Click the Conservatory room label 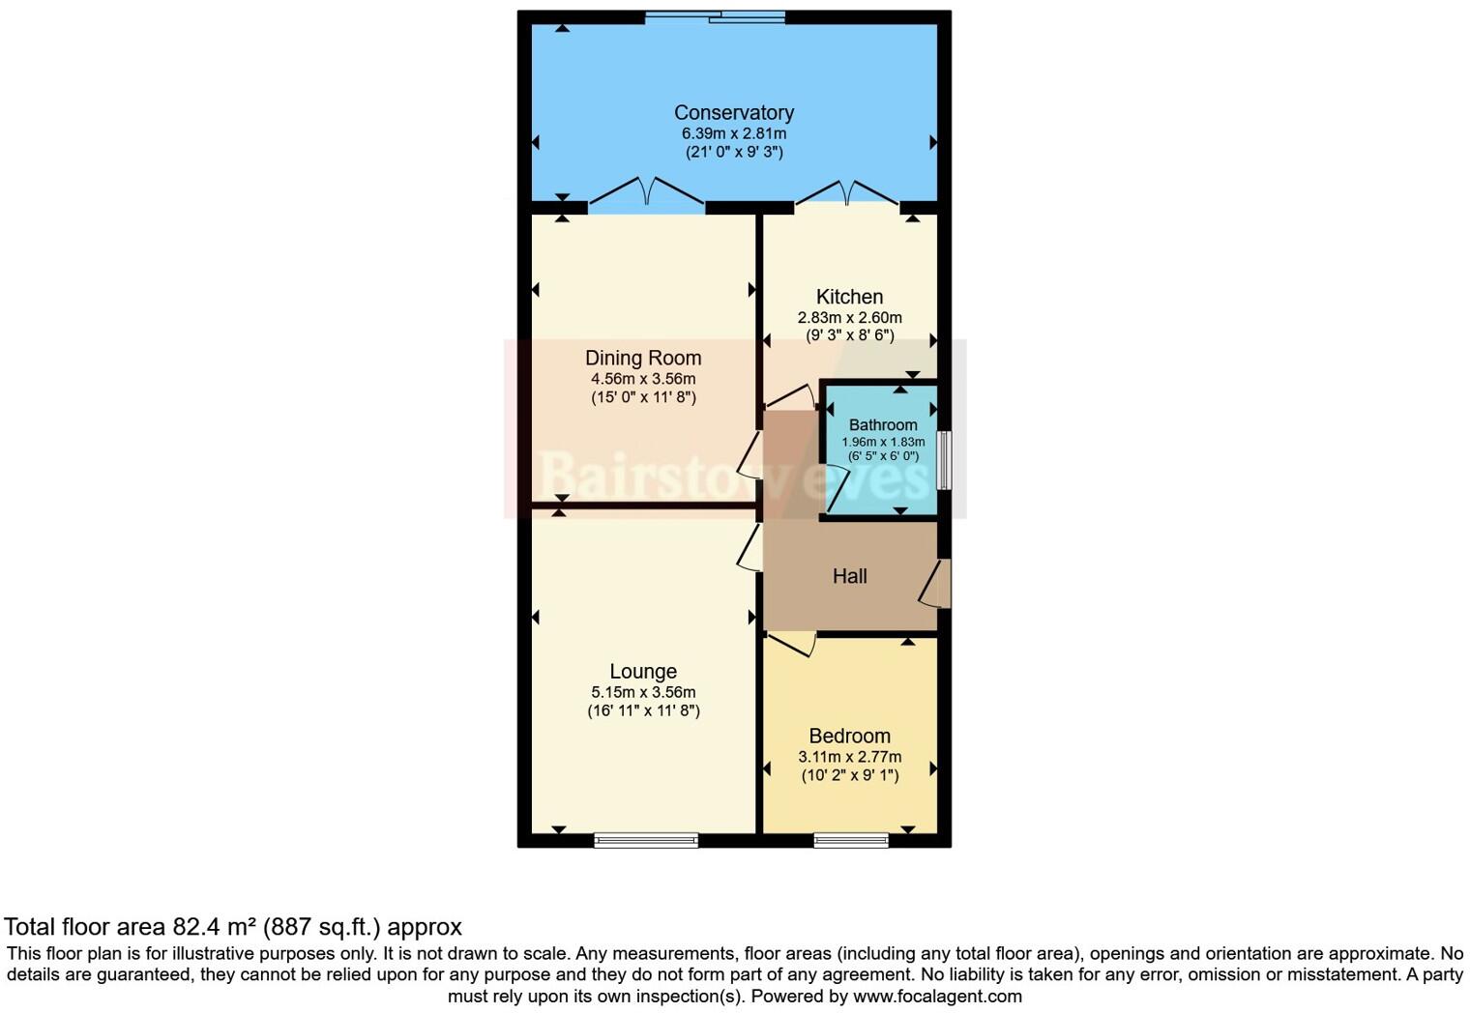click(x=734, y=113)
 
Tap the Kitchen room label click(x=849, y=297)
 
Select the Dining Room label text click(x=643, y=358)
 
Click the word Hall click(x=849, y=576)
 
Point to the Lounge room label click(x=643, y=672)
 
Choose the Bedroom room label click(x=849, y=737)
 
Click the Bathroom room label click(x=883, y=425)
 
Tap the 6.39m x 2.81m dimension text click(x=734, y=133)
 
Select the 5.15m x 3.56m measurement click(x=643, y=692)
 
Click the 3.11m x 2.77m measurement click(x=849, y=757)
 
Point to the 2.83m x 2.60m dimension click(x=849, y=317)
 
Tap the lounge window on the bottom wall click(x=646, y=840)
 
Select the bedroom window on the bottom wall click(x=851, y=840)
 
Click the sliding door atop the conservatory click(x=715, y=16)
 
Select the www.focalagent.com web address click(x=935, y=996)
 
